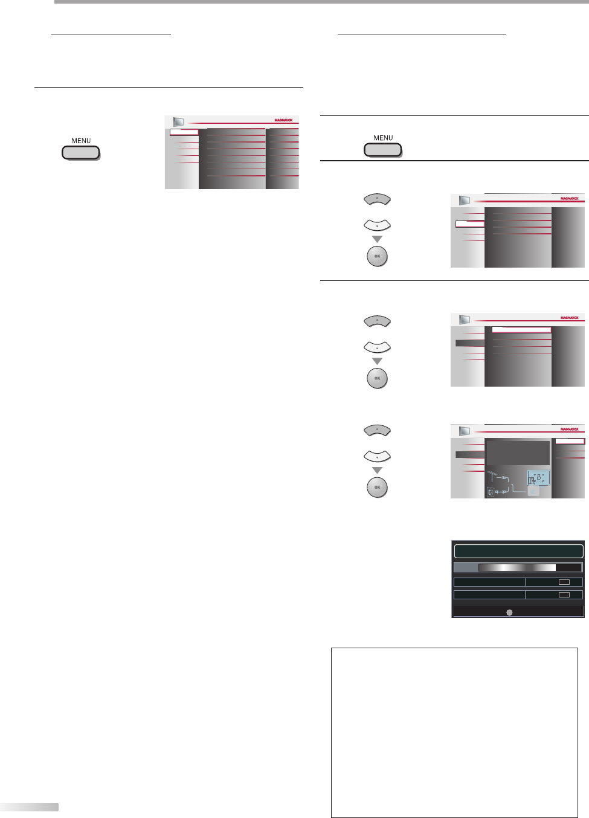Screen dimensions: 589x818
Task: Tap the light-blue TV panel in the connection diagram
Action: point(538,478)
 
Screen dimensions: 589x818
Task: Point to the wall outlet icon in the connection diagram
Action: point(491,492)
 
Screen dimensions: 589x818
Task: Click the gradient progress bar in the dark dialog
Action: point(517,567)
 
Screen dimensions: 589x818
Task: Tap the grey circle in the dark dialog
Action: point(509,612)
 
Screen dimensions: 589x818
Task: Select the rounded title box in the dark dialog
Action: point(518,551)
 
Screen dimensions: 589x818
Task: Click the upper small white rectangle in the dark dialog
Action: point(564,582)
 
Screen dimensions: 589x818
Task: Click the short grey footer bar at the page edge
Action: point(29,807)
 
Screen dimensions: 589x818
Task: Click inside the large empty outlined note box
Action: point(454,732)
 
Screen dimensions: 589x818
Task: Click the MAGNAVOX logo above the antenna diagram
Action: point(569,429)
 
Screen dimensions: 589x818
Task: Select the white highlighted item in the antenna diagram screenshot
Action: point(570,442)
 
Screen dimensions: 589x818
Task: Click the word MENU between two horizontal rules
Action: point(383,138)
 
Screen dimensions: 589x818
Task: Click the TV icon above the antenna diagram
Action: point(464,431)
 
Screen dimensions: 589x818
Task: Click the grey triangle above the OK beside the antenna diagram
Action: point(378,470)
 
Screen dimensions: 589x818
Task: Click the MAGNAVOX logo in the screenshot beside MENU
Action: point(283,120)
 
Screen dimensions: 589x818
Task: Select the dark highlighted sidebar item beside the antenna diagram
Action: point(470,454)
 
